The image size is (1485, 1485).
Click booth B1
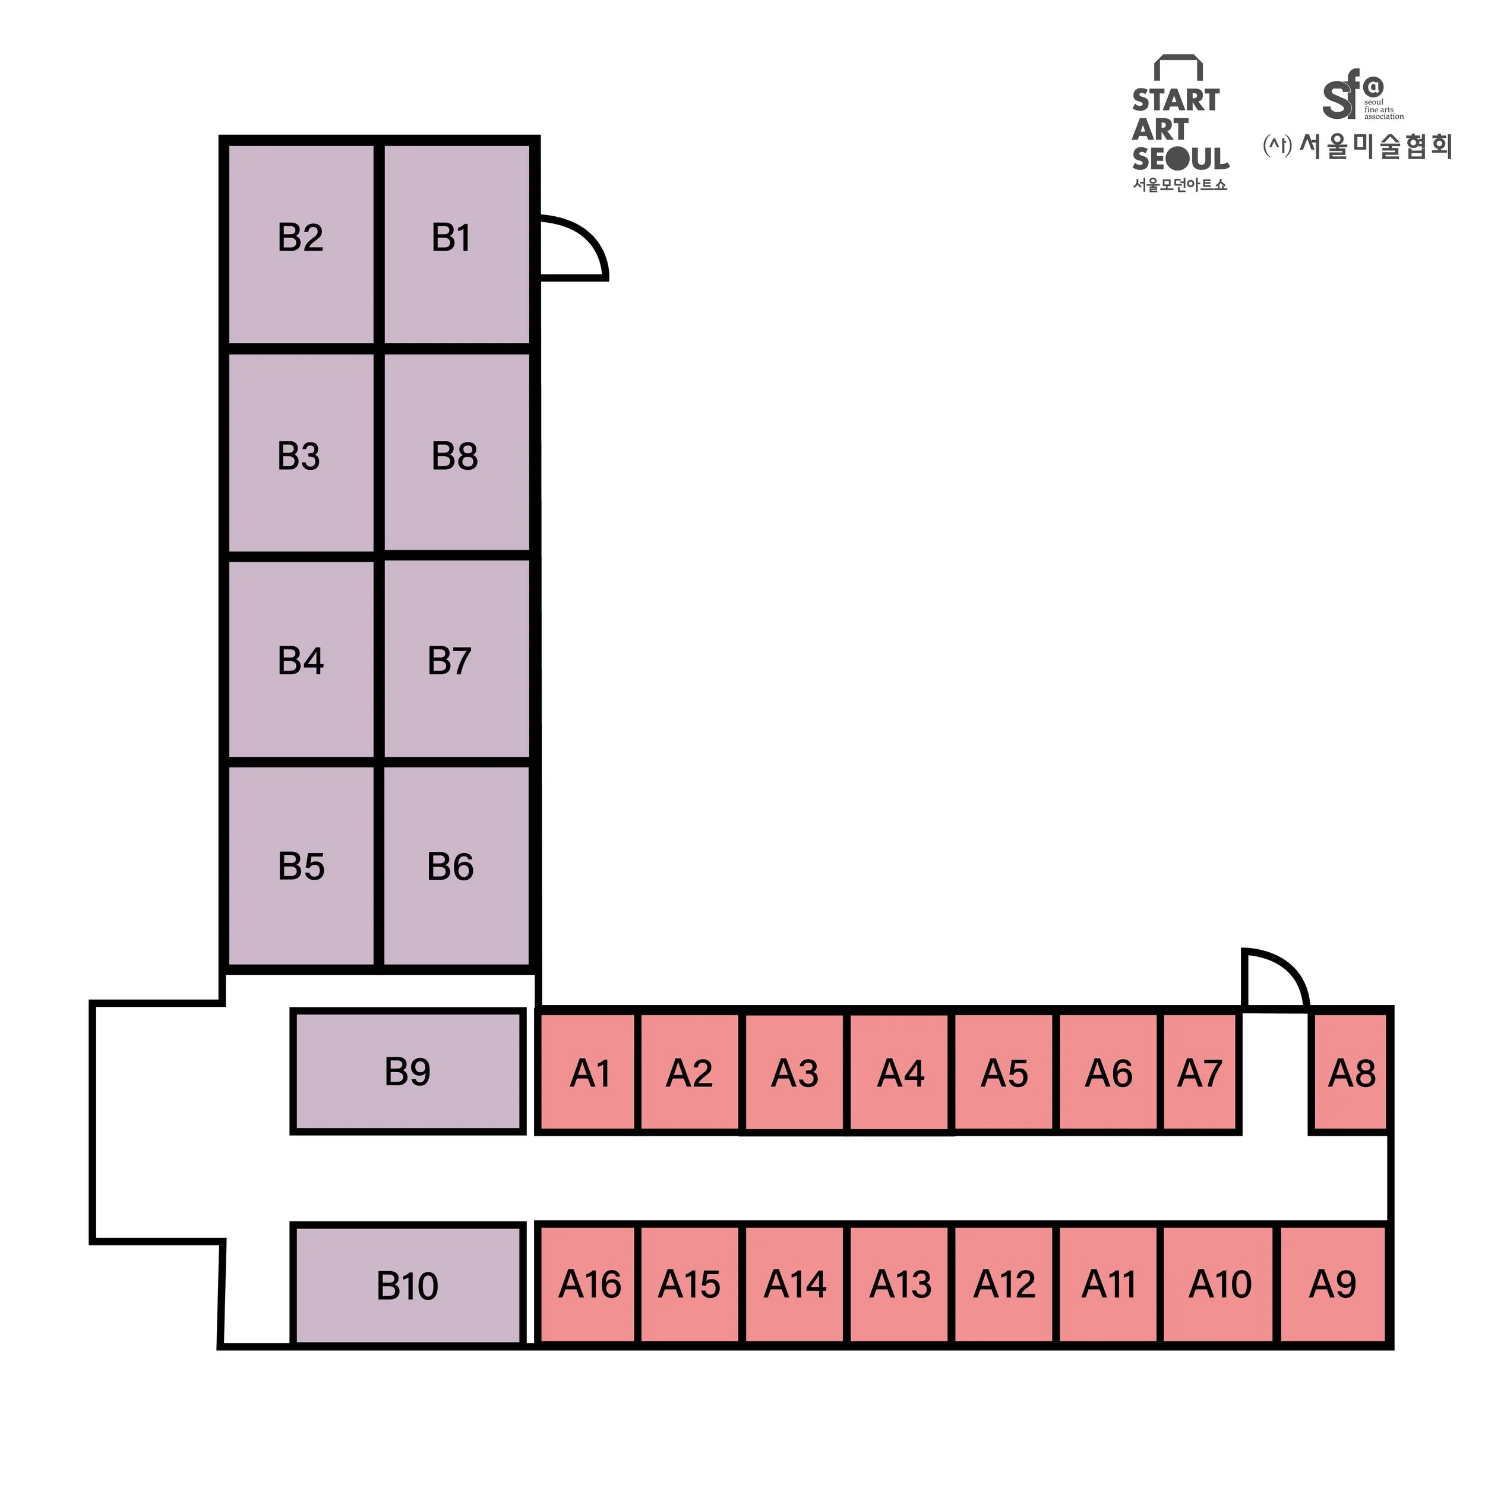[x=457, y=244]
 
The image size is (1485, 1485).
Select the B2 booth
[x=301, y=244]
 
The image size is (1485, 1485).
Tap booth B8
[x=457, y=453]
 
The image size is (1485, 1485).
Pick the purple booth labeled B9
[x=407, y=1072]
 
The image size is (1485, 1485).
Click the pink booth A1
[x=589, y=1073]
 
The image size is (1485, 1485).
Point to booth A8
[x=1351, y=1073]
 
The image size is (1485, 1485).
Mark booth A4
[x=900, y=1073]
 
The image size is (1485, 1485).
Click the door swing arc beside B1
[x=573, y=248]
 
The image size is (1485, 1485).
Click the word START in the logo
[x=1176, y=100]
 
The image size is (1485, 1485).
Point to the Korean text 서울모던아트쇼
[x=1180, y=185]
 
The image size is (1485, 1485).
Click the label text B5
[x=301, y=866]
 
